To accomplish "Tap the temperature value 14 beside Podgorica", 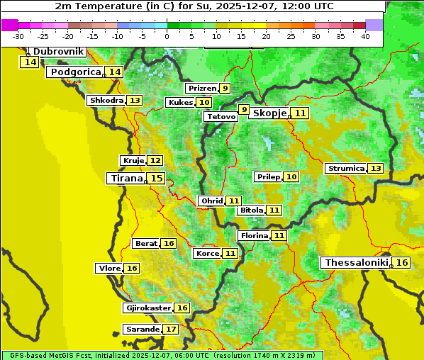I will (114, 72).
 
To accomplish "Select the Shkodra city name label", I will (106, 101).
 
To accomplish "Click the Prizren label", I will (201, 89).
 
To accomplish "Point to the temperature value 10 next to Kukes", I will (204, 103).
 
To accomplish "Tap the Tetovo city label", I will (221, 116).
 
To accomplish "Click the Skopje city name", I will (269, 113).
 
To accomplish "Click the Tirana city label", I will (125, 179).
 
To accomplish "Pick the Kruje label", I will (133, 161).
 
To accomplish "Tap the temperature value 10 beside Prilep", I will (291, 176).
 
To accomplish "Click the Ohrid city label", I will (211, 201).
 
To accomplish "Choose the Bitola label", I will (251, 210).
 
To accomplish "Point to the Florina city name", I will (254, 235).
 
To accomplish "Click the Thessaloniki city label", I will (356, 263).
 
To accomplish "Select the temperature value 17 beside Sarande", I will (171, 330).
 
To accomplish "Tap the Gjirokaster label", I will (147, 308).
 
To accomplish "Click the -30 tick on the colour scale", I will (18, 36).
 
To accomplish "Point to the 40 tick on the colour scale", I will (365, 36).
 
